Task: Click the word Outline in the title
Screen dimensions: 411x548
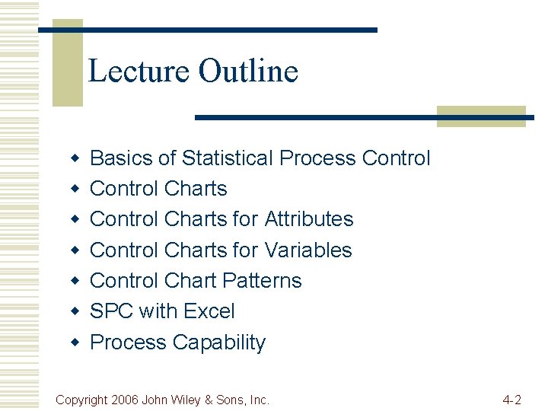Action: (x=248, y=71)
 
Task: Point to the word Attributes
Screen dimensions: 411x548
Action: (x=308, y=219)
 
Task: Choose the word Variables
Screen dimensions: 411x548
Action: (x=307, y=250)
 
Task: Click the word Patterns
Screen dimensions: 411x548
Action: (x=260, y=281)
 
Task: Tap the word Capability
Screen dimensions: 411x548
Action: (x=218, y=342)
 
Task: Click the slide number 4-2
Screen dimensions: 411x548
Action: (x=511, y=400)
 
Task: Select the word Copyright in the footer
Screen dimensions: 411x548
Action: (x=83, y=400)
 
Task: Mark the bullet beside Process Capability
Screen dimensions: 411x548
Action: (x=75, y=342)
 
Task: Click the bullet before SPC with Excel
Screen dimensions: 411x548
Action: (x=75, y=311)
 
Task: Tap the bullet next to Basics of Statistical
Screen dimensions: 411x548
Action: (x=75, y=158)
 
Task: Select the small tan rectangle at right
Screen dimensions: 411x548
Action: (x=481, y=116)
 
